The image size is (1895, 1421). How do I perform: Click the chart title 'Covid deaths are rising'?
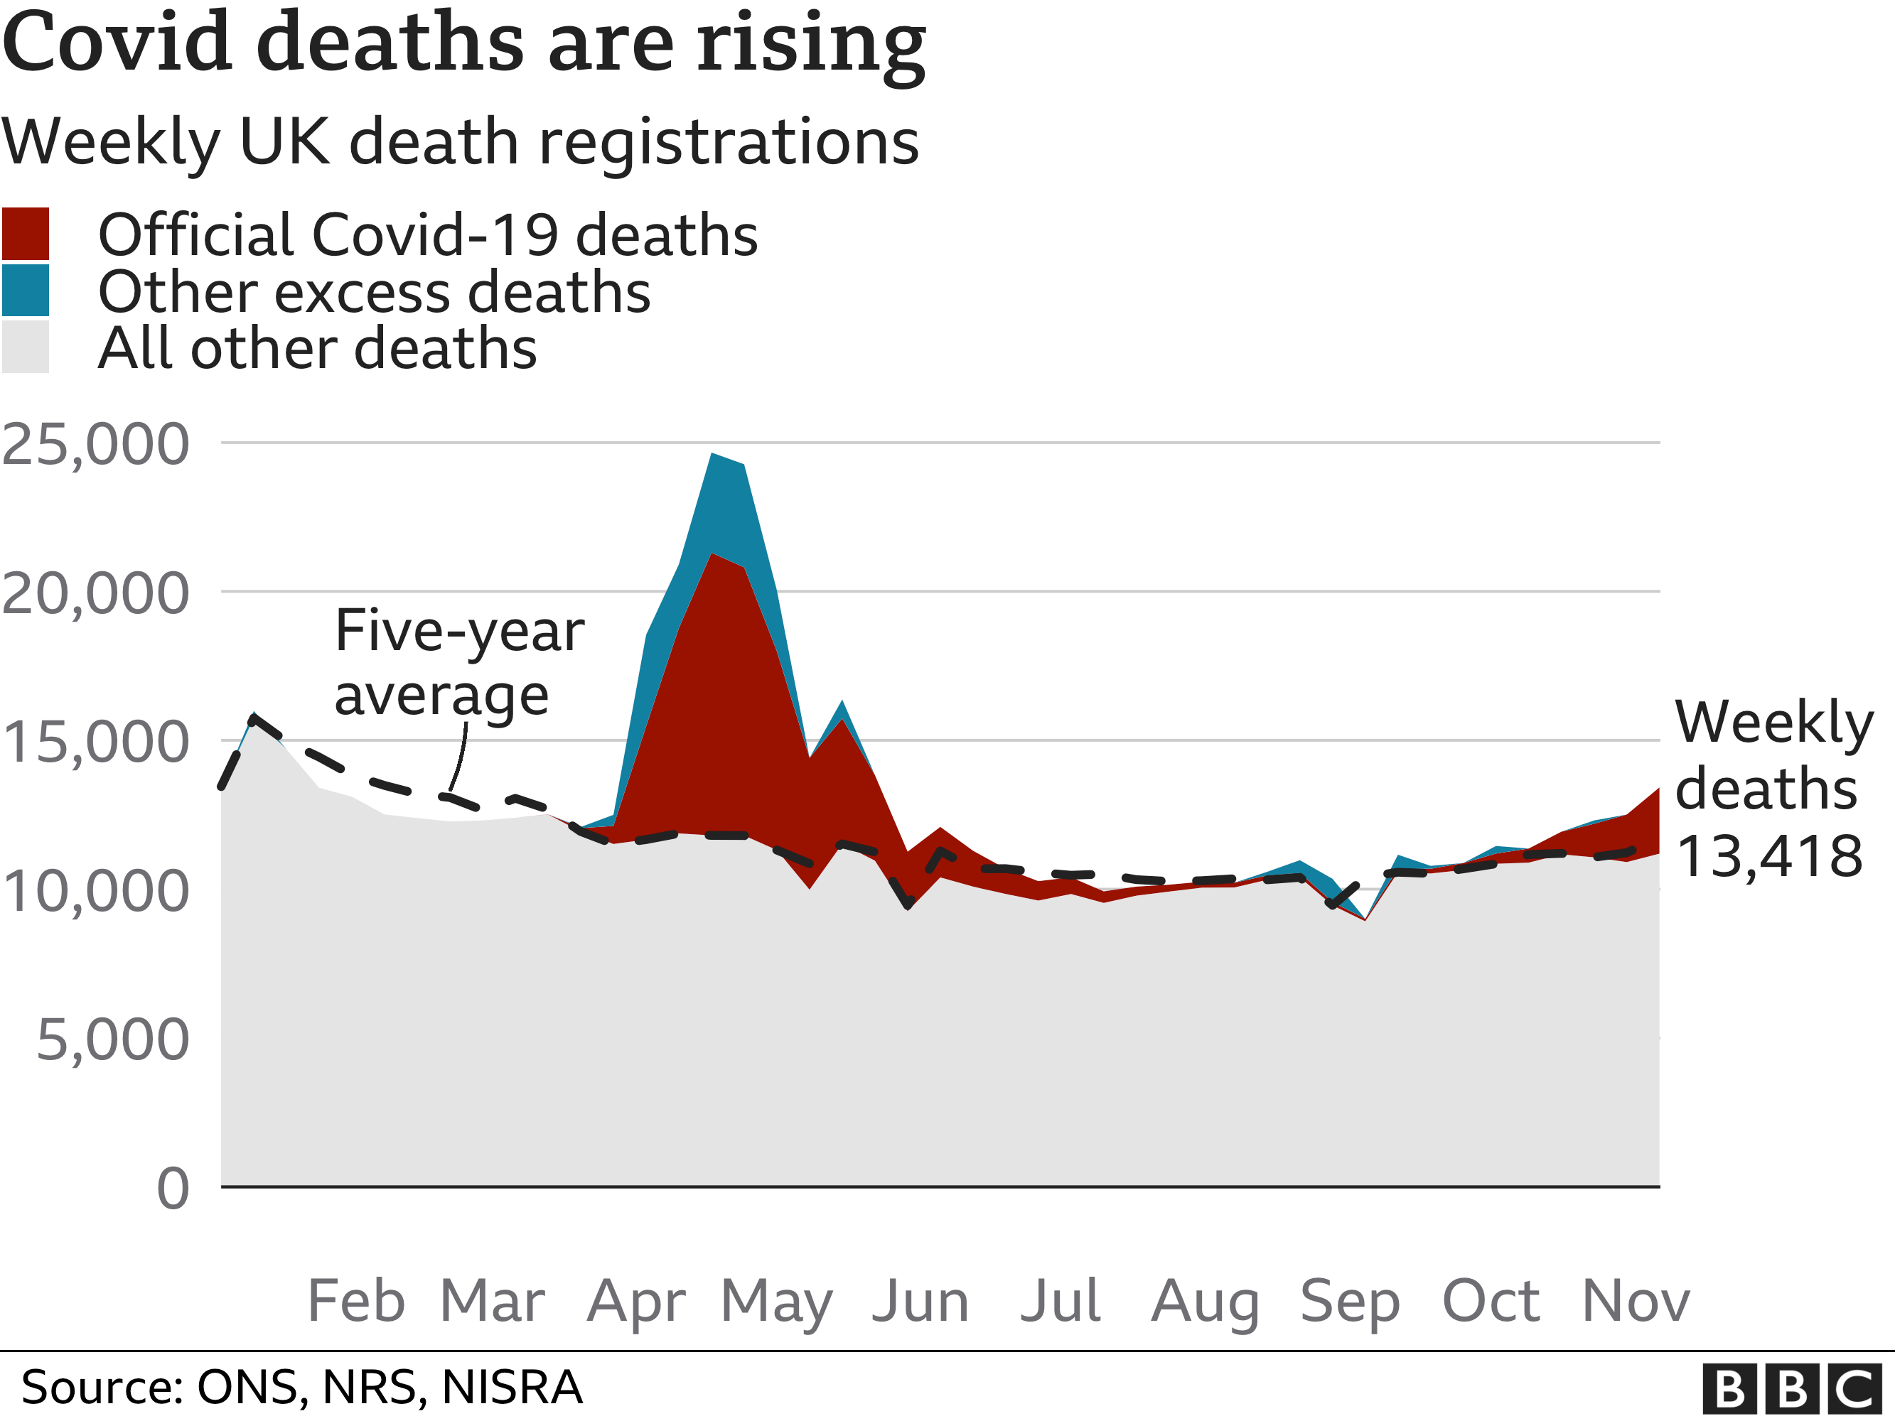point(463,43)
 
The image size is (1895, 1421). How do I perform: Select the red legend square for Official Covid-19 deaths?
point(25,234)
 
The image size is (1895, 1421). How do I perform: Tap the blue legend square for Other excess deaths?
point(25,291)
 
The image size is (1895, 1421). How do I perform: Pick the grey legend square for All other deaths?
point(25,347)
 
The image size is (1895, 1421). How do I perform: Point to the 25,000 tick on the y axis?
point(95,445)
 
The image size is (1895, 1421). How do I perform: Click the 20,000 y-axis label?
point(95,593)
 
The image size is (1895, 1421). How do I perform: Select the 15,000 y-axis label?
point(95,742)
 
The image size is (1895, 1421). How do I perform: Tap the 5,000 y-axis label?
point(112,1040)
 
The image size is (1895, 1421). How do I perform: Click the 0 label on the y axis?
point(173,1189)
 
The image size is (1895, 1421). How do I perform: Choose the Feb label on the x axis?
point(355,1300)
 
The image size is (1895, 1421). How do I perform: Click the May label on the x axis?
point(776,1300)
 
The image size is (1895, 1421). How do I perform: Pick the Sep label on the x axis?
point(1349,1300)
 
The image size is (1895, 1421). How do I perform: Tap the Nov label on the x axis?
point(1636,1300)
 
